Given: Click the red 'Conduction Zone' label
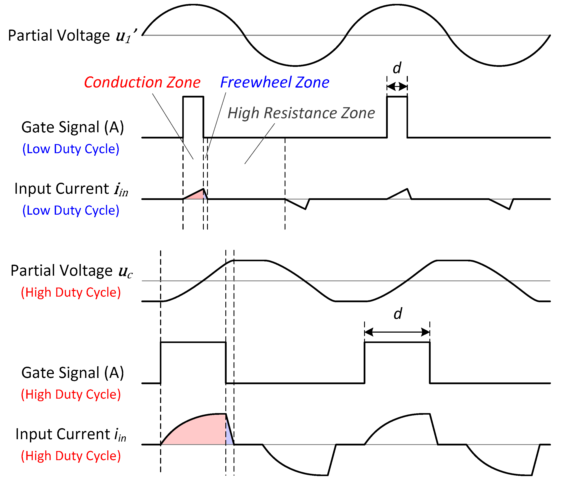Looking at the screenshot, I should [x=142, y=82].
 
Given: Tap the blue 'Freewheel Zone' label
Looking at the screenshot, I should [x=274, y=82].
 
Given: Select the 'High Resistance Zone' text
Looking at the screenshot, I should [x=301, y=113].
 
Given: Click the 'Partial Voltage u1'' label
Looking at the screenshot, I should [x=72, y=36].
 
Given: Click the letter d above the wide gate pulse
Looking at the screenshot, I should [x=397, y=314].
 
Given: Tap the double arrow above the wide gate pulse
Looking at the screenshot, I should [x=397, y=332].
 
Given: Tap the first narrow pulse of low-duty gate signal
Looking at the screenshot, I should [x=193, y=117].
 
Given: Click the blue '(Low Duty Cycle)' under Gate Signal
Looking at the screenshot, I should [x=71, y=149].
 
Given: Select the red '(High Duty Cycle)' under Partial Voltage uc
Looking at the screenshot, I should [x=71, y=292].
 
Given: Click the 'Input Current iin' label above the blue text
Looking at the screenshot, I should [x=71, y=189].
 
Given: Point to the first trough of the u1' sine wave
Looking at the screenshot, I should [x=295, y=65].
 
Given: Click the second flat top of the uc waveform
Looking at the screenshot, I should [x=454, y=260].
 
